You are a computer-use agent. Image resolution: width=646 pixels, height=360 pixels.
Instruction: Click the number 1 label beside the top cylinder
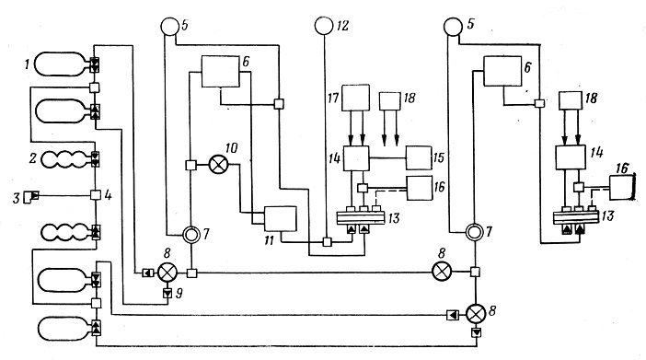click(28, 64)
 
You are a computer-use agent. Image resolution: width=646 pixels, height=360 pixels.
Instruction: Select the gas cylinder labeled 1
click(62, 64)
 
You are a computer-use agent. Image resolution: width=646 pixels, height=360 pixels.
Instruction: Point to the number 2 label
click(33, 158)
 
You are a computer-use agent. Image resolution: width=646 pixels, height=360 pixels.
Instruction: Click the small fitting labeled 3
click(30, 196)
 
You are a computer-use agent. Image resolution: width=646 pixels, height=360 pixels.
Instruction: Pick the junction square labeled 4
click(96, 194)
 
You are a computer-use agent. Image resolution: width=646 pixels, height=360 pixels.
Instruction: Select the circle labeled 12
click(324, 26)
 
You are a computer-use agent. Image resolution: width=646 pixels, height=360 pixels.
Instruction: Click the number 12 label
click(342, 26)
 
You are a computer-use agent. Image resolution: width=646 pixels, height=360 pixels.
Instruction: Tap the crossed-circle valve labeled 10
click(218, 165)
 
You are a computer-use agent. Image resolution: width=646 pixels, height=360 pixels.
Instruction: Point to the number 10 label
click(232, 148)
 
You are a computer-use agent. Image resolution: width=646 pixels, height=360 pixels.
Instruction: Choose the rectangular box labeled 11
click(280, 218)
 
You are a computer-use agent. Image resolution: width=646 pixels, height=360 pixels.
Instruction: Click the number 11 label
click(269, 240)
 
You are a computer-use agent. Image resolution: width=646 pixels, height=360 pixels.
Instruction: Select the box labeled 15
click(419, 157)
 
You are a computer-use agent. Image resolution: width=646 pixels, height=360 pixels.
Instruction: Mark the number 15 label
click(439, 157)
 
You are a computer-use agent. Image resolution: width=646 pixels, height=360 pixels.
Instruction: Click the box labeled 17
click(355, 98)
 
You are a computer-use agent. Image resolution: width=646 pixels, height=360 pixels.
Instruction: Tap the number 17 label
click(333, 98)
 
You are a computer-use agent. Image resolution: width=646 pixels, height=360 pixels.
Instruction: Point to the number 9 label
click(179, 293)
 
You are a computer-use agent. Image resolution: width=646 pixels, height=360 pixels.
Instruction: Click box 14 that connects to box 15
click(356, 158)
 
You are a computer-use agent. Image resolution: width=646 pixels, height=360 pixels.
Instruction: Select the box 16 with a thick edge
click(622, 187)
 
